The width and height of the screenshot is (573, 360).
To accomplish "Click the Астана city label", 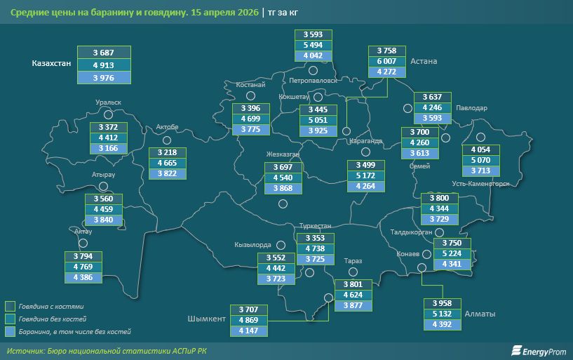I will (x=424, y=62).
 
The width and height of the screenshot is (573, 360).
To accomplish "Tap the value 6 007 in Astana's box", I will (x=386, y=61).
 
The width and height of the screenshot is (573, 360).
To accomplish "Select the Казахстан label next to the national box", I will (x=52, y=64).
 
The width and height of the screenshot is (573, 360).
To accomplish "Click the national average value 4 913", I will (x=103, y=65).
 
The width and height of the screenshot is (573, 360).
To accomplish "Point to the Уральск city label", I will (x=109, y=102).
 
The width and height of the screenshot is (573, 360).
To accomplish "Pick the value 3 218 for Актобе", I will (x=168, y=152).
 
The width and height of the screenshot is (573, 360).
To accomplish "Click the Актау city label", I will (x=83, y=230).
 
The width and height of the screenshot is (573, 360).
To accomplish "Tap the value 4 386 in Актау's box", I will (x=83, y=277).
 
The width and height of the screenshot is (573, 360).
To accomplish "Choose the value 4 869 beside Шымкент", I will (x=249, y=320).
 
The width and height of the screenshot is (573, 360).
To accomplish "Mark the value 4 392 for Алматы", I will (x=443, y=324).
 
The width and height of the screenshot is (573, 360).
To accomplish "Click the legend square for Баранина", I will (x=10, y=330).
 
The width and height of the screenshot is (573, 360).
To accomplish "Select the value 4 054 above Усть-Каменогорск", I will (x=481, y=149).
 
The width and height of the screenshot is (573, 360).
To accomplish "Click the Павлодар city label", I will (x=471, y=108).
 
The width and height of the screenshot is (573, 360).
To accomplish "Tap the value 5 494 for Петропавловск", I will (x=313, y=45).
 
